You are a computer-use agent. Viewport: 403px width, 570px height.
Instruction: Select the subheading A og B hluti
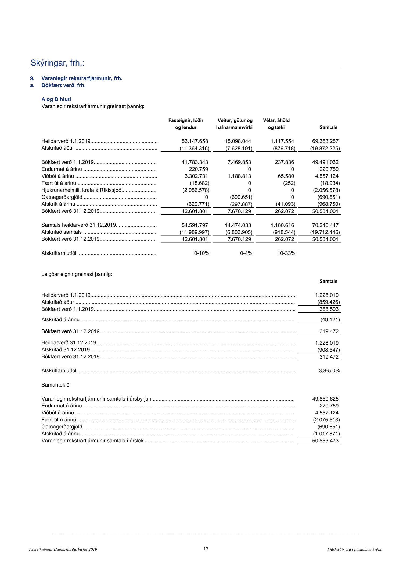(56, 99)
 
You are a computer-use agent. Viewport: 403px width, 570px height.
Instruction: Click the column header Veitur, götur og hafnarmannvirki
(235, 124)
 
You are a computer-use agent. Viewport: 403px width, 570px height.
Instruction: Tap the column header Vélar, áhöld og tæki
(276, 124)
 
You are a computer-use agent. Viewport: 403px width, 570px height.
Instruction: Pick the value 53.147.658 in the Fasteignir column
(195, 141)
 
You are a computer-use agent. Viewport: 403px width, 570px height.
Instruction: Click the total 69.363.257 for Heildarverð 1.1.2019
(325, 141)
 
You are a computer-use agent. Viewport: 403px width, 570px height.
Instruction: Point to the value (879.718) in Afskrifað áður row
(284, 148)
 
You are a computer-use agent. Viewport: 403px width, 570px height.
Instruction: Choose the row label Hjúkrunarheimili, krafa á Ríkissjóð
(81, 190)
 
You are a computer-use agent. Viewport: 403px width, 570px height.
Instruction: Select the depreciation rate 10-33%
(286, 253)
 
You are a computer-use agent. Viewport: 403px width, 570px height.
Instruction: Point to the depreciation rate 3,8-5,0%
(329, 371)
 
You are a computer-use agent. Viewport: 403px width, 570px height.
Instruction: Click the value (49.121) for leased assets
(330, 320)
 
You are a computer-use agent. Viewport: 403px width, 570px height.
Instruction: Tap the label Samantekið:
(56, 385)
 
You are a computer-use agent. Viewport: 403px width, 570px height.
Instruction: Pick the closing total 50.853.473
(325, 441)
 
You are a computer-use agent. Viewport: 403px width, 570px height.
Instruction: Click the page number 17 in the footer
(206, 549)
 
